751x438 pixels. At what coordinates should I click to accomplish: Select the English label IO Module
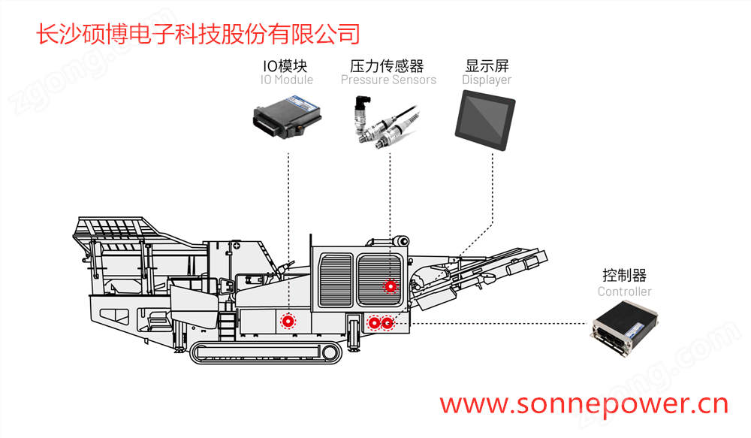click(287, 80)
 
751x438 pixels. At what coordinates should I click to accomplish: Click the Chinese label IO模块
click(287, 66)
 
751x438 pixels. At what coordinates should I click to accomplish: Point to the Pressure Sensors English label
click(388, 80)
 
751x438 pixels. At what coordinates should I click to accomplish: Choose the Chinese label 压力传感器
click(388, 66)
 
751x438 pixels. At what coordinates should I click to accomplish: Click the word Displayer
click(487, 80)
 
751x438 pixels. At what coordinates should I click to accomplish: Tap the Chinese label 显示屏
click(487, 66)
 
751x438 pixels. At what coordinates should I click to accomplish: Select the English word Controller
click(624, 291)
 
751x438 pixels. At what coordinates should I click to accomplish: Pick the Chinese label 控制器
click(624, 276)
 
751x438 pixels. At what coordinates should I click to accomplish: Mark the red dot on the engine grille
click(390, 285)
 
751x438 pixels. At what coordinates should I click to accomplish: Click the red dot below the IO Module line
click(287, 322)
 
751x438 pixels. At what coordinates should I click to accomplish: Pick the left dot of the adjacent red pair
click(374, 323)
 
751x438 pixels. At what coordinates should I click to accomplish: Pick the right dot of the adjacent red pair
click(387, 323)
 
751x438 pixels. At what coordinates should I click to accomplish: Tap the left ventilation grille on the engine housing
click(335, 279)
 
